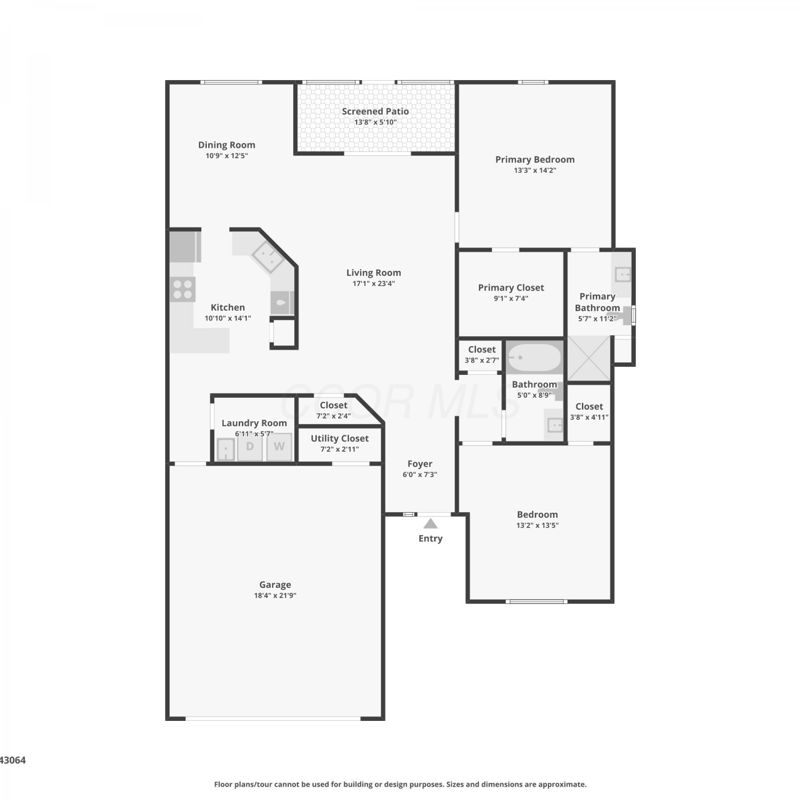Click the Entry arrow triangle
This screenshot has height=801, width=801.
click(430, 524)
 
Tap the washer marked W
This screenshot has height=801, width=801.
click(279, 446)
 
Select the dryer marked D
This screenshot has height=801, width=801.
click(249, 446)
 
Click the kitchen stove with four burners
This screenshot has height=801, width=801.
click(183, 289)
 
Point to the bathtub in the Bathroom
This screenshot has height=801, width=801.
click(534, 357)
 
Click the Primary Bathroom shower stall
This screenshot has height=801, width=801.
click(589, 358)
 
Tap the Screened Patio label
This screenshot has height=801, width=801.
click(375, 111)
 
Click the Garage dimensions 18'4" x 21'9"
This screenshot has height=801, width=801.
click(275, 595)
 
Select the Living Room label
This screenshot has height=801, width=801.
click(373, 272)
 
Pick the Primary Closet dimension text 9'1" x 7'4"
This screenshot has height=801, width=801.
click(511, 299)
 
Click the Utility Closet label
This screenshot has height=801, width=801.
click(340, 438)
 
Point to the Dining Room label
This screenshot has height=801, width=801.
click(226, 145)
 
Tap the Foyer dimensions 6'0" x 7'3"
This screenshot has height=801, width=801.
click(420, 474)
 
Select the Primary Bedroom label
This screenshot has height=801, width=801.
click(535, 159)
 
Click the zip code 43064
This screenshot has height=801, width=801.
click(12, 760)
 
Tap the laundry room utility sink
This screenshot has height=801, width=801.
click(226, 449)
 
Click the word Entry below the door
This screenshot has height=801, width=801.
click(430, 538)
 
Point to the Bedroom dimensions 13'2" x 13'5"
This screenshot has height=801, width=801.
click(537, 525)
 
